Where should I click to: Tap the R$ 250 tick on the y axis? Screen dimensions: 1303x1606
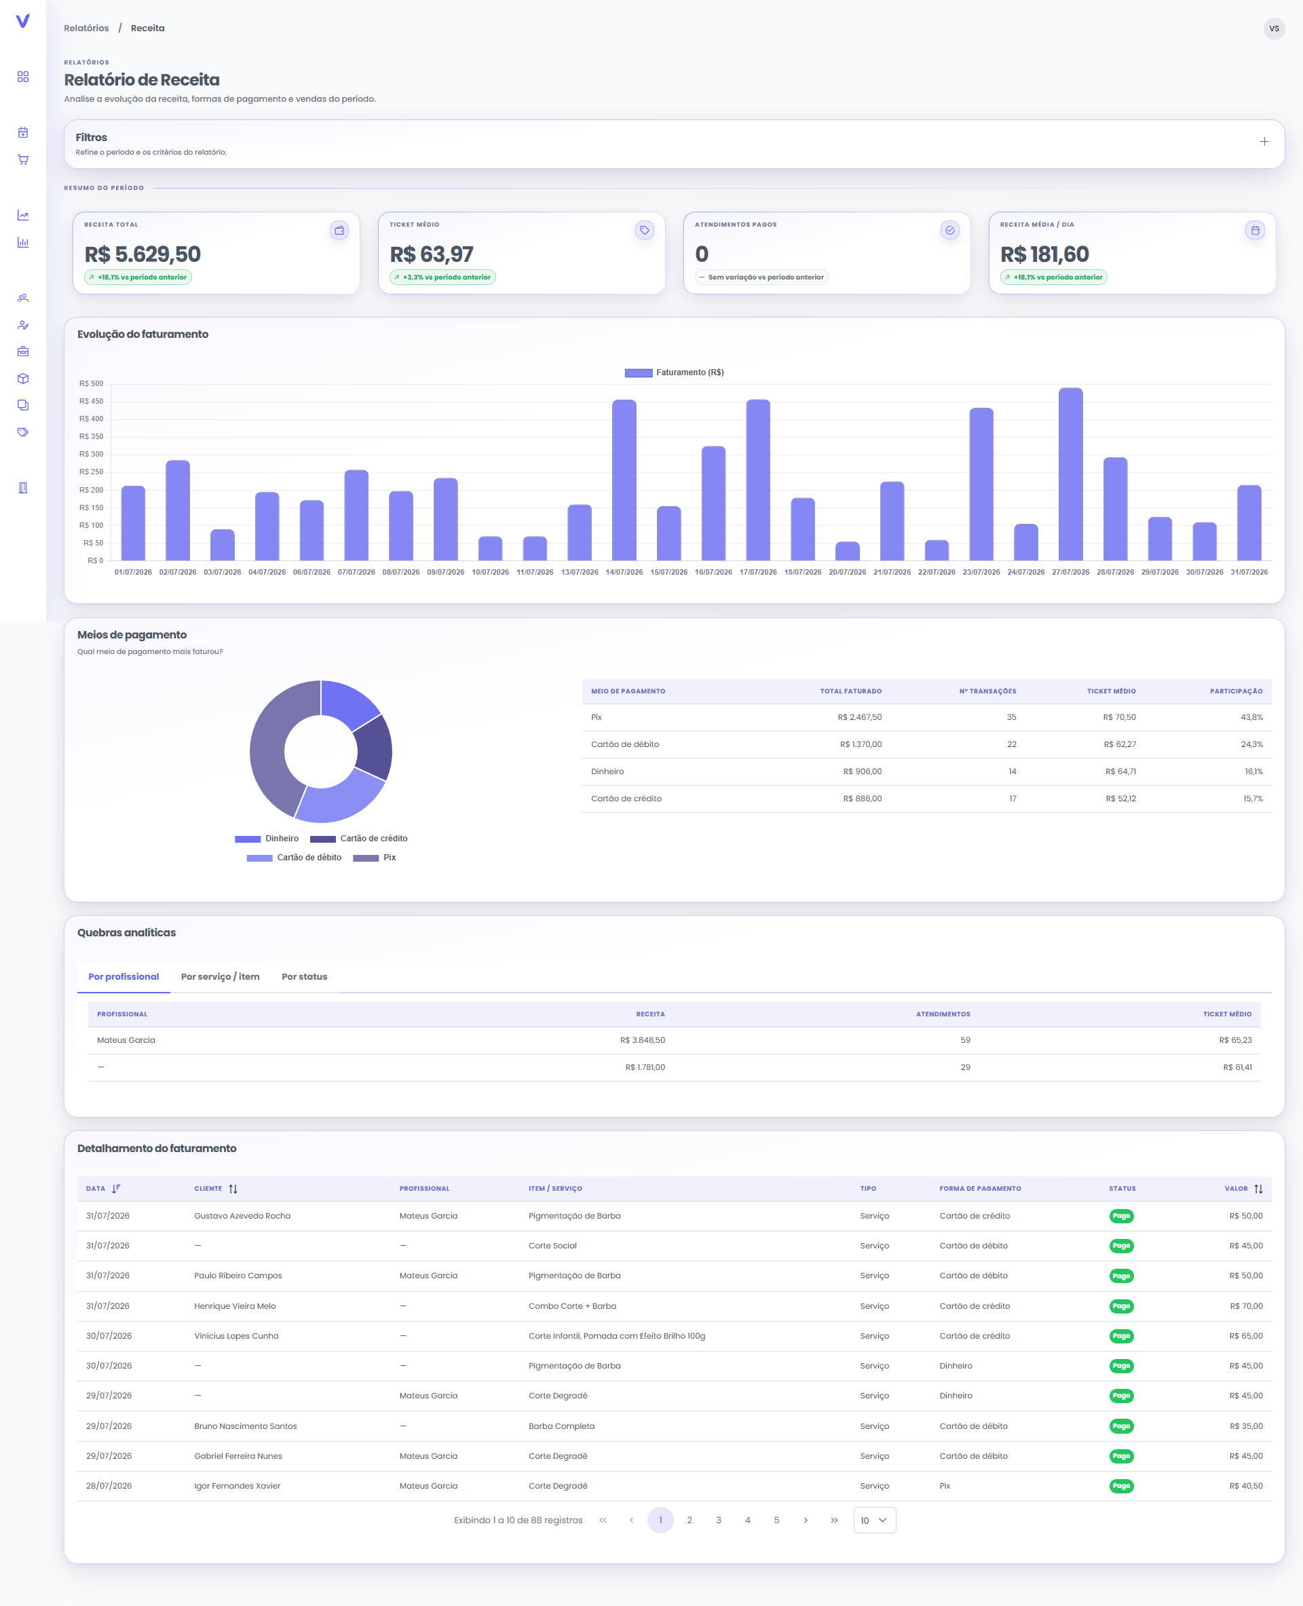point(92,472)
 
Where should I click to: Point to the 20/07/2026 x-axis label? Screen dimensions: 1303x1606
point(848,572)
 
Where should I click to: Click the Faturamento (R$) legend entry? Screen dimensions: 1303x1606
point(674,372)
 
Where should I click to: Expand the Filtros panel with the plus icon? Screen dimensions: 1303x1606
point(1264,141)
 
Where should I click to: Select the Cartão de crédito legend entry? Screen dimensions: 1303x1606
point(359,838)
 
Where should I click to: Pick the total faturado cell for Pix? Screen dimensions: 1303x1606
point(859,717)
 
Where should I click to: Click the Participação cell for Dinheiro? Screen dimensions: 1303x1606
point(1253,771)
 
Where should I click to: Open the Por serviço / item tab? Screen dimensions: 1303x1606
point(220,976)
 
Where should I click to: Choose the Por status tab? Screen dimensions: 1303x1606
point(304,976)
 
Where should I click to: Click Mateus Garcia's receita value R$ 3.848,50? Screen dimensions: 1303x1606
point(643,1040)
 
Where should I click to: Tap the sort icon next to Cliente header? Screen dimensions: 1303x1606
point(233,1189)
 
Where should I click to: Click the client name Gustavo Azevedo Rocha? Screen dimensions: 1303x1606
point(242,1216)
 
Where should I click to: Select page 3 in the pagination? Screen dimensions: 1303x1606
point(718,1520)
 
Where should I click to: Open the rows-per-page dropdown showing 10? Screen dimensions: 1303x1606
point(874,1520)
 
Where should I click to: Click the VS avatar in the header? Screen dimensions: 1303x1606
point(1274,28)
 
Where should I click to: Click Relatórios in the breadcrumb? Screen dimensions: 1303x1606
point(86,28)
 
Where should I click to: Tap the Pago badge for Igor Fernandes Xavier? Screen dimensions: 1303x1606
point(1121,1486)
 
